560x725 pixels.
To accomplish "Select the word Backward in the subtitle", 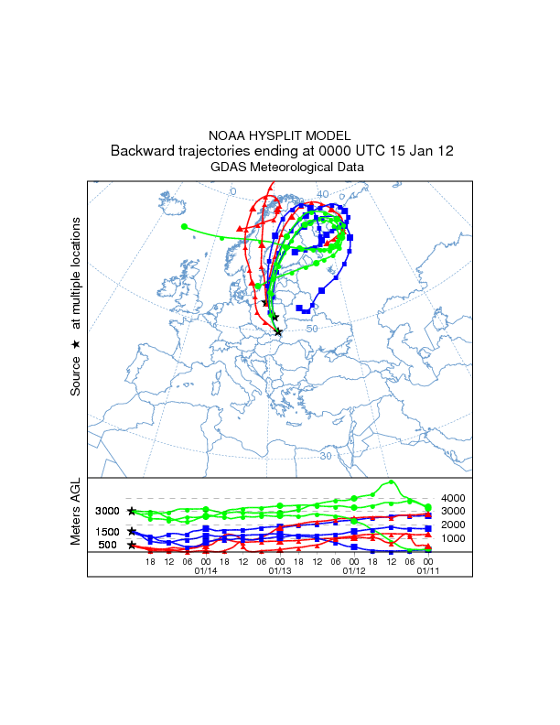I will pyautogui.click(x=141, y=151).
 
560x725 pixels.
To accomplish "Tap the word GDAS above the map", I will pyautogui.click(x=229, y=168).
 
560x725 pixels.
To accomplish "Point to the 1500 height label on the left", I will pyautogui.click(x=107, y=532).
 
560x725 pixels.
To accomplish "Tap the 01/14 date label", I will pyautogui.click(x=206, y=570).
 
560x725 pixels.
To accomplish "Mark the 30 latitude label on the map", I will pyautogui.click(x=325, y=455).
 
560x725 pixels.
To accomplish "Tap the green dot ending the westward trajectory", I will pyautogui.click(x=185, y=226).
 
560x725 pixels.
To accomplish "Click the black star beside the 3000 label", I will pyautogui.click(x=132, y=511).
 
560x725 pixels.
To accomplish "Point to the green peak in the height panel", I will pyautogui.click(x=392, y=482).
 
